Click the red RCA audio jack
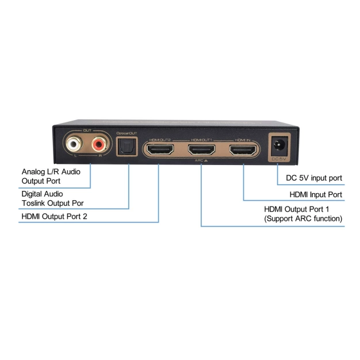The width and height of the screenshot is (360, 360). (x=99, y=142)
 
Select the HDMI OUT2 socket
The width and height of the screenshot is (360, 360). (x=159, y=151)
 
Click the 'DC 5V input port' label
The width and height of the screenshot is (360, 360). (x=314, y=178)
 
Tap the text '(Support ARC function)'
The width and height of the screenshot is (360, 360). (x=302, y=219)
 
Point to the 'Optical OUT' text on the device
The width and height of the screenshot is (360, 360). (x=127, y=133)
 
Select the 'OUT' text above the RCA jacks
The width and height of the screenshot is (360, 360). (x=87, y=131)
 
